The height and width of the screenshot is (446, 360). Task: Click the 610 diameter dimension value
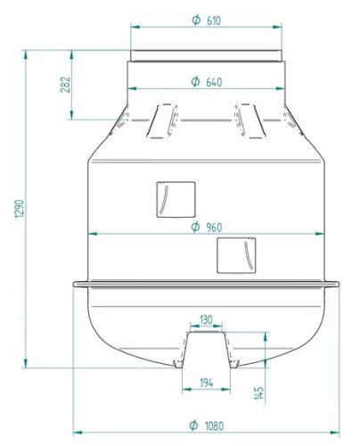tap(214, 21)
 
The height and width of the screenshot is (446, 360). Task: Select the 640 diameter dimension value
tap(214, 82)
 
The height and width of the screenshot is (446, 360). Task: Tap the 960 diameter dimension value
tap(214, 227)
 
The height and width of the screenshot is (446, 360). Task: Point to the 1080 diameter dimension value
tap(214, 425)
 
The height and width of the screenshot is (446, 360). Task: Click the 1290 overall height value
tap(19, 209)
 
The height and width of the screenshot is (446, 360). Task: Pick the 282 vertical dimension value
tap(65, 85)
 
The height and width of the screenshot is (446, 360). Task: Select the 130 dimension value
tap(206, 320)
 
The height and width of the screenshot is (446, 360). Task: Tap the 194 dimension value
tap(206, 383)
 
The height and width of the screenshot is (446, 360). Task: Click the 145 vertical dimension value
tap(259, 393)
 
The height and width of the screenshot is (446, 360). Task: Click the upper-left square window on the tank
tap(176, 199)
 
